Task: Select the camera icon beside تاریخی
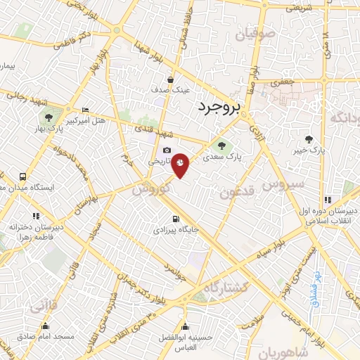[x=167, y=150]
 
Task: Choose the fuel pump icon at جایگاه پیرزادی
[x=175, y=218]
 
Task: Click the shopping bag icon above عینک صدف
[x=171, y=79]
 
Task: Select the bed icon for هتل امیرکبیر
[x=85, y=110]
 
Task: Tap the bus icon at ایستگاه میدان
[x=23, y=177]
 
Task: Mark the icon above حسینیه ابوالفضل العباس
[x=186, y=326]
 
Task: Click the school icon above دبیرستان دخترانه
[x=36, y=216]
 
